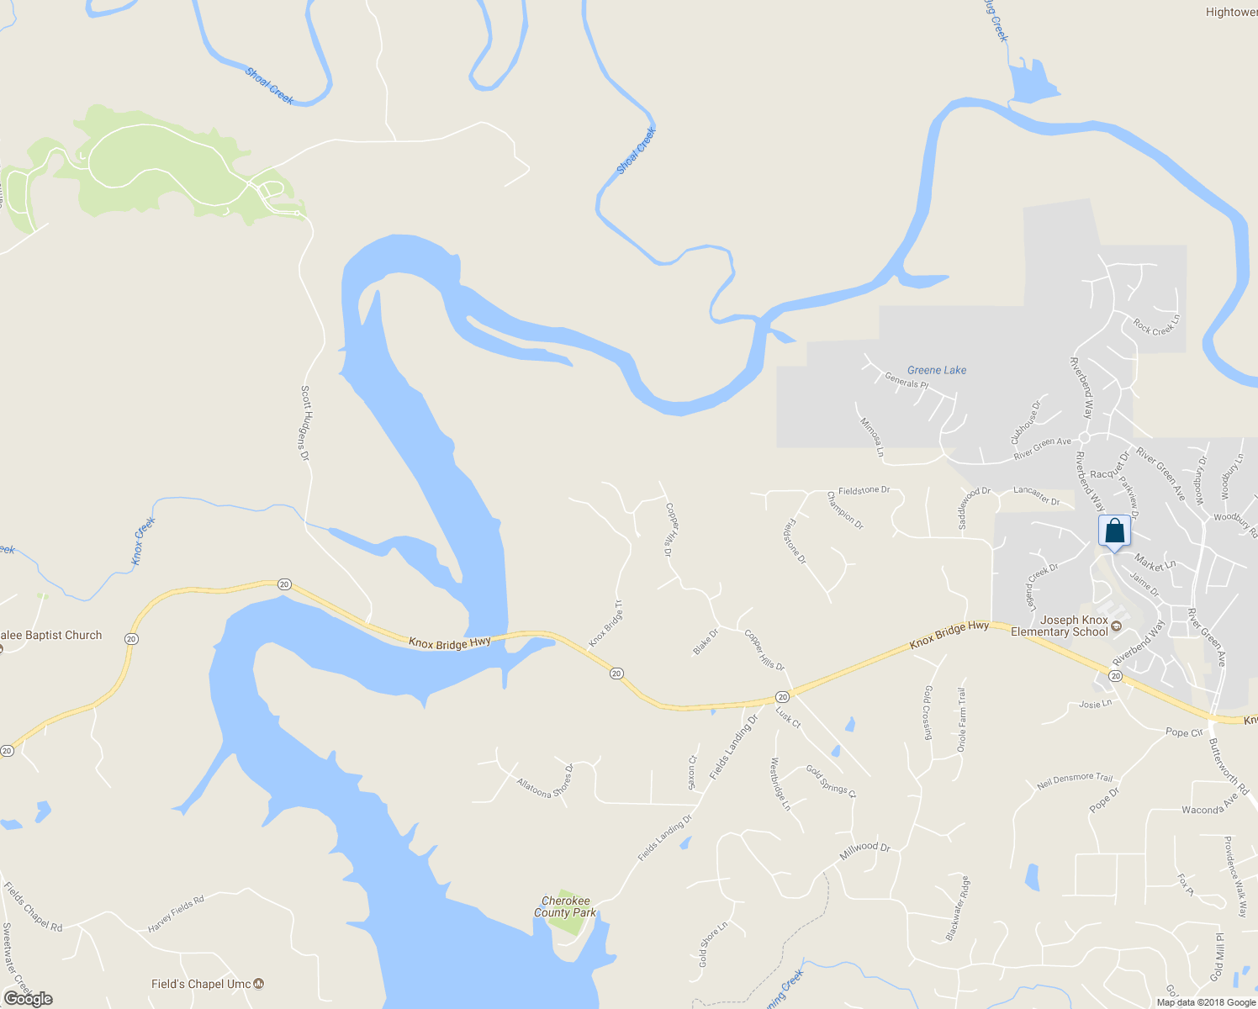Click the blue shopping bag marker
(x=1114, y=531)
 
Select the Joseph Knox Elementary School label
(x=1060, y=626)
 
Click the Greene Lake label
(x=937, y=370)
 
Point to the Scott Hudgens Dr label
(x=305, y=423)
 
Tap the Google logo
(x=28, y=999)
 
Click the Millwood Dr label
(x=864, y=852)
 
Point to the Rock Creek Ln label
(x=1156, y=325)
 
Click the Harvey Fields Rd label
(x=176, y=914)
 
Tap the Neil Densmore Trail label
(x=1075, y=781)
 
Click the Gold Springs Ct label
(x=831, y=781)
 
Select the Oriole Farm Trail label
(x=962, y=720)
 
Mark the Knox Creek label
(x=145, y=541)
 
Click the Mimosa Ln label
(x=871, y=437)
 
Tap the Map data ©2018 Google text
(x=1206, y=1002)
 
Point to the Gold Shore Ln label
(x=712, y=944)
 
